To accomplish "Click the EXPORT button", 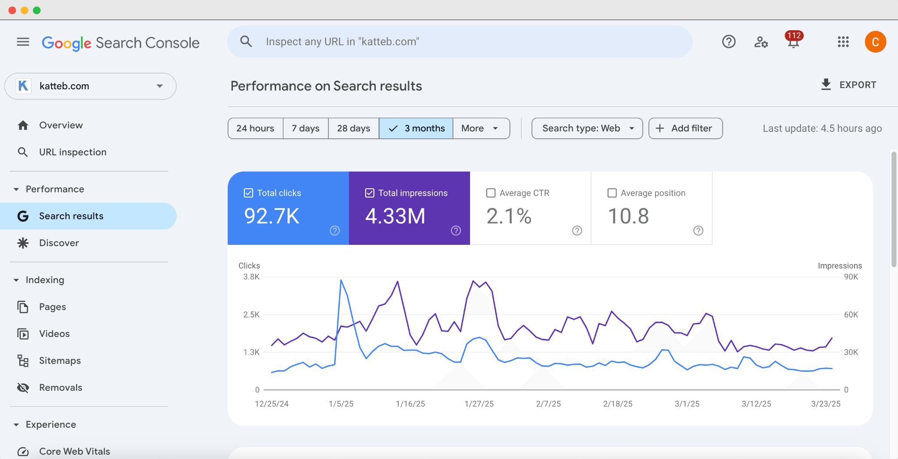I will (848, 85).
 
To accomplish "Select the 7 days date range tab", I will (306, 128).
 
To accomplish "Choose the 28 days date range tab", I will (353, 128).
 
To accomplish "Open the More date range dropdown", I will (481, 128).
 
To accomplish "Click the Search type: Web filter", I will (587, 128).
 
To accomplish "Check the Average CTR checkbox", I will (491, 193).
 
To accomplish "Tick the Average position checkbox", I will (612, 193).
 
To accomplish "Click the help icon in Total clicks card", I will (335, 230).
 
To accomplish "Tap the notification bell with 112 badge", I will (793, 42).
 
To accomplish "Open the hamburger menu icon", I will (23, 42).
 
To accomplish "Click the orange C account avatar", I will (875, 42).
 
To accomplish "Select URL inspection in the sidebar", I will (72, 152).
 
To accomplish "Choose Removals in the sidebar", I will (61, 388).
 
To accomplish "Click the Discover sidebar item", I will (59, 243).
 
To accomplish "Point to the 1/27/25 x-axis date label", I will (479, 404).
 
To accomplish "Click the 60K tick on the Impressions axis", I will (851, 314).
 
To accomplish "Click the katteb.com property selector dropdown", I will (90, 86).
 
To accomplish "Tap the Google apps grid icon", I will (843, 42).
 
